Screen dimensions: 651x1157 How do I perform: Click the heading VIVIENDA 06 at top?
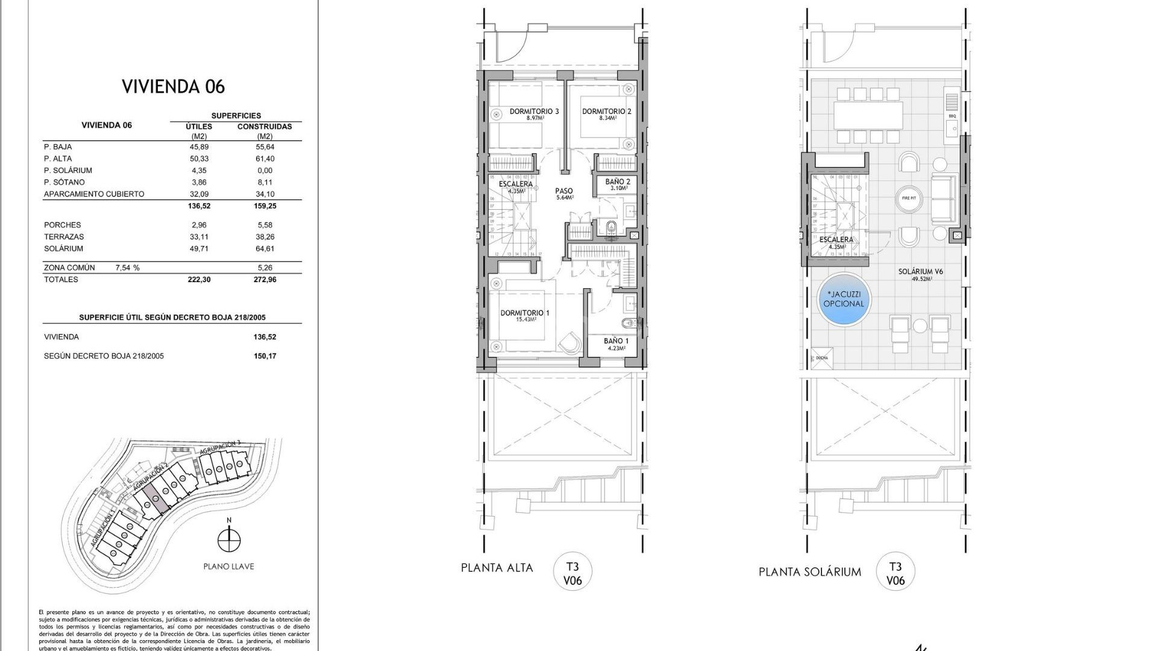[x=174, y=87]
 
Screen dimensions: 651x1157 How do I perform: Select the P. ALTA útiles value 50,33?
[x=199, y=159]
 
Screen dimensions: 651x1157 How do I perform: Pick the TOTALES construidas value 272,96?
[x=265, y=280]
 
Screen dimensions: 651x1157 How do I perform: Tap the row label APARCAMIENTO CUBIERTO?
[x=94, y=194]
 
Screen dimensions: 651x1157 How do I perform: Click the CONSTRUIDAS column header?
[x=265, y=127]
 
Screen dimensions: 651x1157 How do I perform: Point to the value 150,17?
[x=265, y=356]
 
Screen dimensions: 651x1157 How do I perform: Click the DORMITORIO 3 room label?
[x=534, y=112]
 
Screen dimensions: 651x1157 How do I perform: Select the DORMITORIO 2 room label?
[x=606, y=112]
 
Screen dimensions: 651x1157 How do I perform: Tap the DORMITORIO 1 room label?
[x=524, y=313]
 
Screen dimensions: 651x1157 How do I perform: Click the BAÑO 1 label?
[x=616, y=341]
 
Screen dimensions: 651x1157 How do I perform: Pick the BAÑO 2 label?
[x=618, y=182]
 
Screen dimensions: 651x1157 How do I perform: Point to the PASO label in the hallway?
[x=564, y=191]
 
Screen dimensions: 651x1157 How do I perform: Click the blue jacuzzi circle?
[x=844, y=300]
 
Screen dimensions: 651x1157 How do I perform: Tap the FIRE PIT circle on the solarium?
[x=909, y=198]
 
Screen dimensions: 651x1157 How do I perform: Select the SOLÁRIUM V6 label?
[x=920, y=272]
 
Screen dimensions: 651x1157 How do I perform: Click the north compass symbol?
[x=228, y=539]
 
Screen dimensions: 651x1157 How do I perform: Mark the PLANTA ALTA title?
[x=497, y=568]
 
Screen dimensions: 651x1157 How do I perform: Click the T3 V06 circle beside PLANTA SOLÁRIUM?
[x=895, y=573]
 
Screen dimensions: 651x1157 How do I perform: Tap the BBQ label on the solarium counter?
[x=952, y=116]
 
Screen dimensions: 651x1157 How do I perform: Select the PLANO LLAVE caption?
[x=228, y=567]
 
